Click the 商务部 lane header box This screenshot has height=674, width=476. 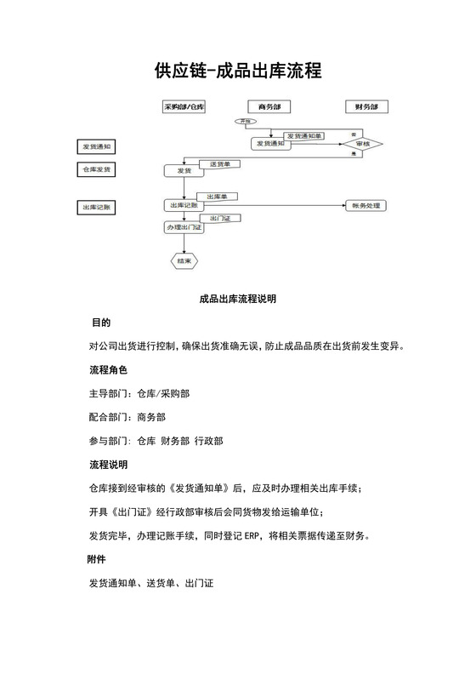point(269,107)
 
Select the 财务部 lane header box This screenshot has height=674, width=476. point(367,107)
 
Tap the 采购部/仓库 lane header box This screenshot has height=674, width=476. point(184,107)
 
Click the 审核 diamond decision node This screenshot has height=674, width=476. point(364,145)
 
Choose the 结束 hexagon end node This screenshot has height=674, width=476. point(184,260)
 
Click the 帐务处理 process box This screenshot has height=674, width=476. point(365,205)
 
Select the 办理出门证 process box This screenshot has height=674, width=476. point(184,228)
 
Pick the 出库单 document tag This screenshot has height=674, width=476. point(218,197)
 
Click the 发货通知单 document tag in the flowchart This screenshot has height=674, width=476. point(303,135)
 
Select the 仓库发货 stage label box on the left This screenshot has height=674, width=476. point(98,170)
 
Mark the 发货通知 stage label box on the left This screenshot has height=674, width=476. point(98,147)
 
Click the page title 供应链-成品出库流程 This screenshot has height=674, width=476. point(238,71)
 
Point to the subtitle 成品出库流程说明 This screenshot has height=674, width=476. point(238,300)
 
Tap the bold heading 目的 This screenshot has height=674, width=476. point(101,323)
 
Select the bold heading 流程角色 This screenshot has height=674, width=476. point(108,371)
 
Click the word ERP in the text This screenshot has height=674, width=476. point(253,536)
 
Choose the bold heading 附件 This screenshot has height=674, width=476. point(97,559)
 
